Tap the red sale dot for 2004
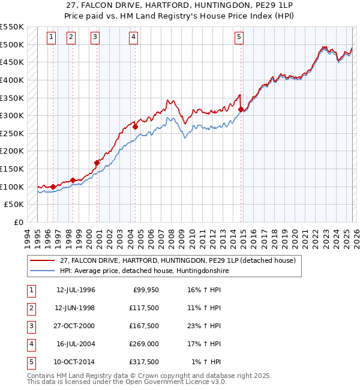click(135, 127)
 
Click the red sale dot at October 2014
click(241, 109)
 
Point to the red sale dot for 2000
click(97, 162)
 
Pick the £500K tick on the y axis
click(12, 44)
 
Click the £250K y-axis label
click(12, 133)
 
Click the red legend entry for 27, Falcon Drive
click(177, 261)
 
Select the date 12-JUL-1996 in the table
click(76, 290)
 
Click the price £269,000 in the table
click(144, 344)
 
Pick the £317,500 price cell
click(144, 362)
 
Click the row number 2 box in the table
click(30, 308)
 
